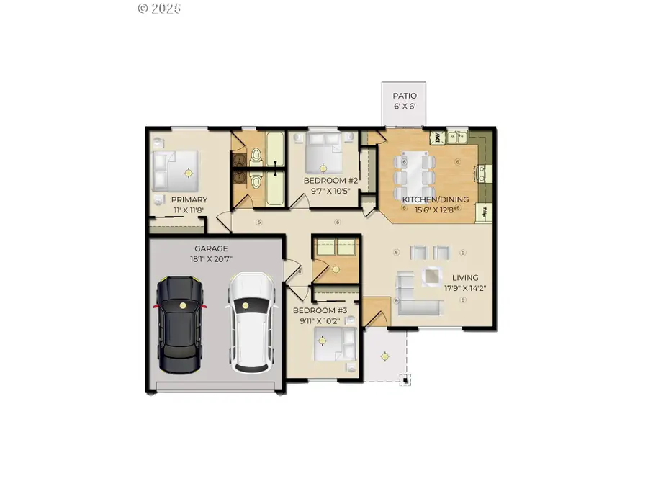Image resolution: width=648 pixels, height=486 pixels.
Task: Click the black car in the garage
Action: pos(180,324)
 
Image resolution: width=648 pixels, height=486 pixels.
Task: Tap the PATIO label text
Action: pos(404,96)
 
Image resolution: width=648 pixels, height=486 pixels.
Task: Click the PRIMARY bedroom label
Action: pos(189,199)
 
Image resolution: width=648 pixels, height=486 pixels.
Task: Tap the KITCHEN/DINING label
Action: pos(436,199)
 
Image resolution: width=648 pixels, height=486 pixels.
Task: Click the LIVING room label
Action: pos(465,277)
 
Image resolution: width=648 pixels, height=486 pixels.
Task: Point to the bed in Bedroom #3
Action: pos(336,346)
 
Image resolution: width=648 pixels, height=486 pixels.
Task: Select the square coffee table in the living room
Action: pos(431,275)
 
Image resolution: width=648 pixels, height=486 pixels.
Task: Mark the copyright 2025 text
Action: pos(158,9)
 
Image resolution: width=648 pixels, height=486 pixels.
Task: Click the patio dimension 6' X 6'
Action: pos(404,107)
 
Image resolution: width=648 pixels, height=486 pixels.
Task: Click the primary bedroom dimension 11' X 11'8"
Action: pos(189,210)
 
